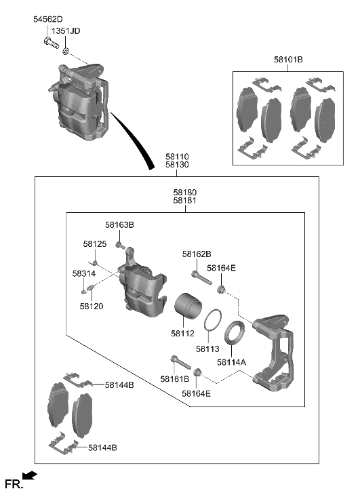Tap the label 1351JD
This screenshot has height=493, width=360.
click(66, 31)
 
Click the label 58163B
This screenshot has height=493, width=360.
click(119, 224)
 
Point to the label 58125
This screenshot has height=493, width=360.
click(95, 243)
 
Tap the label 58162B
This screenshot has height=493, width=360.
click(197, 254)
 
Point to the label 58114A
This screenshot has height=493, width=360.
click(231, 362)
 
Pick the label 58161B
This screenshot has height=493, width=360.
click(175, 378)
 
